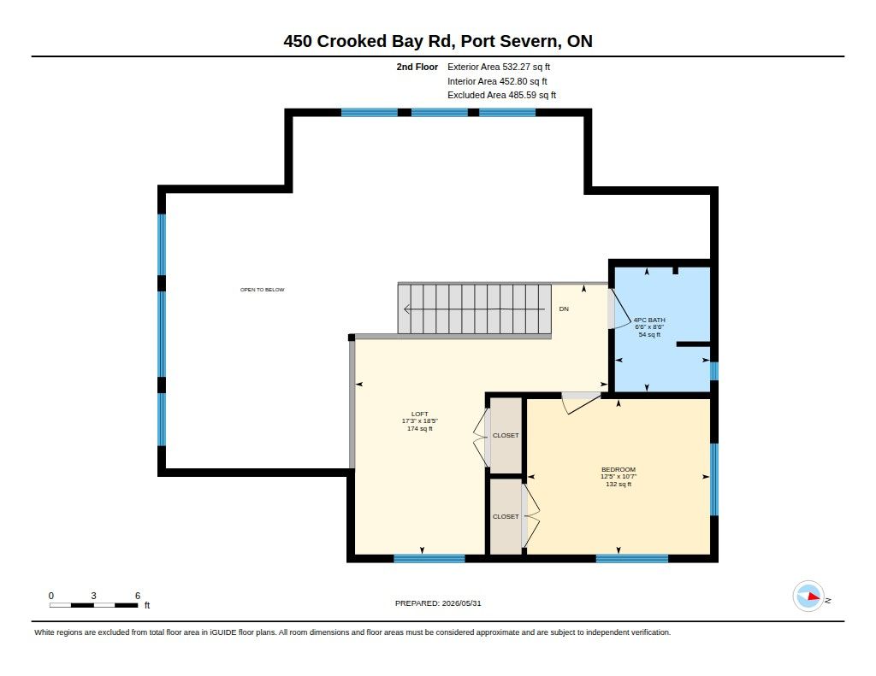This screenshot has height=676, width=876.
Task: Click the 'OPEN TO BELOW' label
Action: [x=262, y=290]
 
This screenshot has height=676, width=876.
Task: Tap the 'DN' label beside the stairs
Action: [x=564, y=309]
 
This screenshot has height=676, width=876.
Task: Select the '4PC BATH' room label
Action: [x=649, y=320]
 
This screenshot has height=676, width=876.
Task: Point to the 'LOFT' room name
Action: [x=419, y=414]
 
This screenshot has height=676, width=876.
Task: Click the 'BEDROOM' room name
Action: [x=619, y=469]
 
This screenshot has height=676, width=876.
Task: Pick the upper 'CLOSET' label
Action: [x=506, y=435]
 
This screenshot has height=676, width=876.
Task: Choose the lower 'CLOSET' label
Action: [x=506, y=517]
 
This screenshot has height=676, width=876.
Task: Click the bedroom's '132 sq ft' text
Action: [x=619, y=484]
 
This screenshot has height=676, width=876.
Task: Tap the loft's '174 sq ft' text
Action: [x=419, y=429]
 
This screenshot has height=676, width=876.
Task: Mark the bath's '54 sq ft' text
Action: [x=649, y=334]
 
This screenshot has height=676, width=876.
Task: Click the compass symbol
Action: [x=808, y=597]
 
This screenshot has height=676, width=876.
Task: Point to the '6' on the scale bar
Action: [x=138, y=596]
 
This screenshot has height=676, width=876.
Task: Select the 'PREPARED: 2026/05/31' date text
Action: [x=438, y=603]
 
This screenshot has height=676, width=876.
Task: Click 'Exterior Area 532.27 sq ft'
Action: [x=499, y=67]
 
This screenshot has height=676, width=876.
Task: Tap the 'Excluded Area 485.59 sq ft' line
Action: [x=501, y=96]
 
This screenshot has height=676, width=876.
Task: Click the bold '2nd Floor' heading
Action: [x=417, y=67]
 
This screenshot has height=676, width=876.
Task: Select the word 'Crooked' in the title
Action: [x=352, y=41]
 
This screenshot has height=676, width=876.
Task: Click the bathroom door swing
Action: [x=621, y=309]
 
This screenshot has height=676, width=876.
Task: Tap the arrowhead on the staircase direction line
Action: [x=406, y=309]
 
